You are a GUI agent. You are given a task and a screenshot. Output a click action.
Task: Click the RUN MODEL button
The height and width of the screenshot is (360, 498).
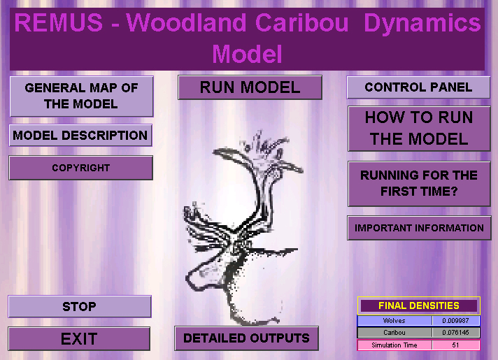[x=250, y=87]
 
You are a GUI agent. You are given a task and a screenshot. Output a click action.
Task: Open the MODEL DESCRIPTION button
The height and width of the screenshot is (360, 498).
[x=80, y=135]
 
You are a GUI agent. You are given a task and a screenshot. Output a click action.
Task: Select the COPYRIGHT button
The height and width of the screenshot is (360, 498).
[x=80, y=168]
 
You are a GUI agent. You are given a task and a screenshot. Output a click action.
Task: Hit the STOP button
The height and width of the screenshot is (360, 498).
[x=80, y=306]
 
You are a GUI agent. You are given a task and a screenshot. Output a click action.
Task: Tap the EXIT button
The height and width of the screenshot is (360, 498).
[x=79, y=339]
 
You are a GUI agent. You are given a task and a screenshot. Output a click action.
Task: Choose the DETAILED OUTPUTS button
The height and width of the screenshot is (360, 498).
[x=246, y=338]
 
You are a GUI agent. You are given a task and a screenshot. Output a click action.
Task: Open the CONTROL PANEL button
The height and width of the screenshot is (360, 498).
[x=418, y=87]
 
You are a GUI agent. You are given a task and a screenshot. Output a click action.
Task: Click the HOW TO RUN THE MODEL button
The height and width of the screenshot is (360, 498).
[x=419, y=128]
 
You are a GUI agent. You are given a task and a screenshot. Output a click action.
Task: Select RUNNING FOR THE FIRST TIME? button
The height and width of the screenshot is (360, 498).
[x=419, y=183]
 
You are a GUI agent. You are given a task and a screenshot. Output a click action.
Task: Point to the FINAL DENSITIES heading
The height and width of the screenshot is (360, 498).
[x=419, y=305]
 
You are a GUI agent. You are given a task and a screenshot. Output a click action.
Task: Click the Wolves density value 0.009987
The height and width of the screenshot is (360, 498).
[x=456, y=321]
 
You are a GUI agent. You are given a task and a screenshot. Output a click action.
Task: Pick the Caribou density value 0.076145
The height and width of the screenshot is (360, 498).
[x=456, y=333]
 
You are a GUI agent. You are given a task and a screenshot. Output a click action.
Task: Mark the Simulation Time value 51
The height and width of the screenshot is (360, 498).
[x=456, y=345]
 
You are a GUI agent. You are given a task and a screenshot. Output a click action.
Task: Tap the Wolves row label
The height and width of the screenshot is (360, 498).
[x=394, y=321]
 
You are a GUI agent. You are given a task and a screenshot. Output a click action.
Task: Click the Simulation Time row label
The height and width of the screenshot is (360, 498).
[x=394, y=345]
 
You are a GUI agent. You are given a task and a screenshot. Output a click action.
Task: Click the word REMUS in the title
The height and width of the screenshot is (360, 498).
[x=59, y=23]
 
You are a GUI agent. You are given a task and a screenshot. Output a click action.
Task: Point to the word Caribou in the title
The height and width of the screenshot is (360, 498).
[x=301, y=23]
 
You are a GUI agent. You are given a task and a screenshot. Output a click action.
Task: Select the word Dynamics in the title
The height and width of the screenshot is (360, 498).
[x=422, y=24]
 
